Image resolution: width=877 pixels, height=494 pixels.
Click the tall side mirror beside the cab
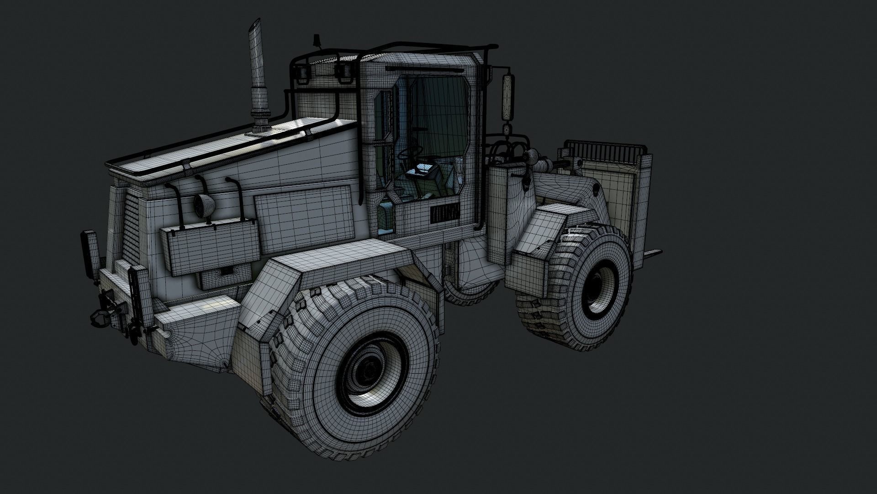click(x=507, y=97)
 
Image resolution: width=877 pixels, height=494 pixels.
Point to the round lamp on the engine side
click(x=204, y=206)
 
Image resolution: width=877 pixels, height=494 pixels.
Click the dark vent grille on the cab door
click(x=443, y=214)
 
